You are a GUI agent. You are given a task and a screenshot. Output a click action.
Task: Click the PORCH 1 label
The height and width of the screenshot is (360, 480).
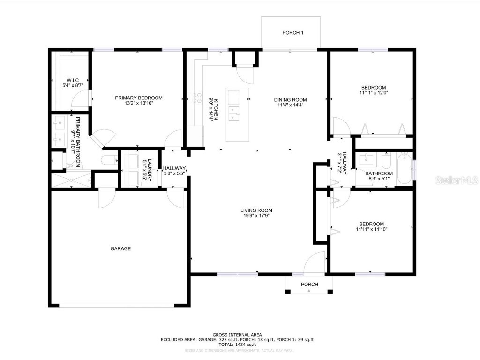[x=293, y=33]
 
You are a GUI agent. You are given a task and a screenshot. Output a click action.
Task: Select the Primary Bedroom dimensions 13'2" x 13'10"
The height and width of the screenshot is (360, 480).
[x=139, y=103]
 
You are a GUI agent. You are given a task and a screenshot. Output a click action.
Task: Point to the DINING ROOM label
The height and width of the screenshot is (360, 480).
[x=290, y=99]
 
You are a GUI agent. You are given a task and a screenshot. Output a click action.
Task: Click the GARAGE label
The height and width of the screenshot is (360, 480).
[x=120, y=248]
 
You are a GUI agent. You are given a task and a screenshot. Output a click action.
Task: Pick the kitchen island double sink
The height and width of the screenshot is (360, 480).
[x=233, y=112]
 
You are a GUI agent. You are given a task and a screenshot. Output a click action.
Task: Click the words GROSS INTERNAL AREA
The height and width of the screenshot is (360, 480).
[x=237, y=334]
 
